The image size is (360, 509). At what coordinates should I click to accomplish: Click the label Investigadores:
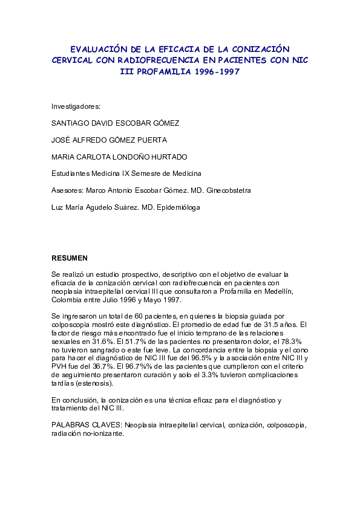point(76,106)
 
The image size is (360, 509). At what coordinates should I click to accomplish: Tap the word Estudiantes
point(71,173)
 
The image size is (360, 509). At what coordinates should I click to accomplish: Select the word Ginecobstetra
point(229,190)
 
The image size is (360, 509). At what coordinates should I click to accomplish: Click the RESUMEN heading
point(70,258)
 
